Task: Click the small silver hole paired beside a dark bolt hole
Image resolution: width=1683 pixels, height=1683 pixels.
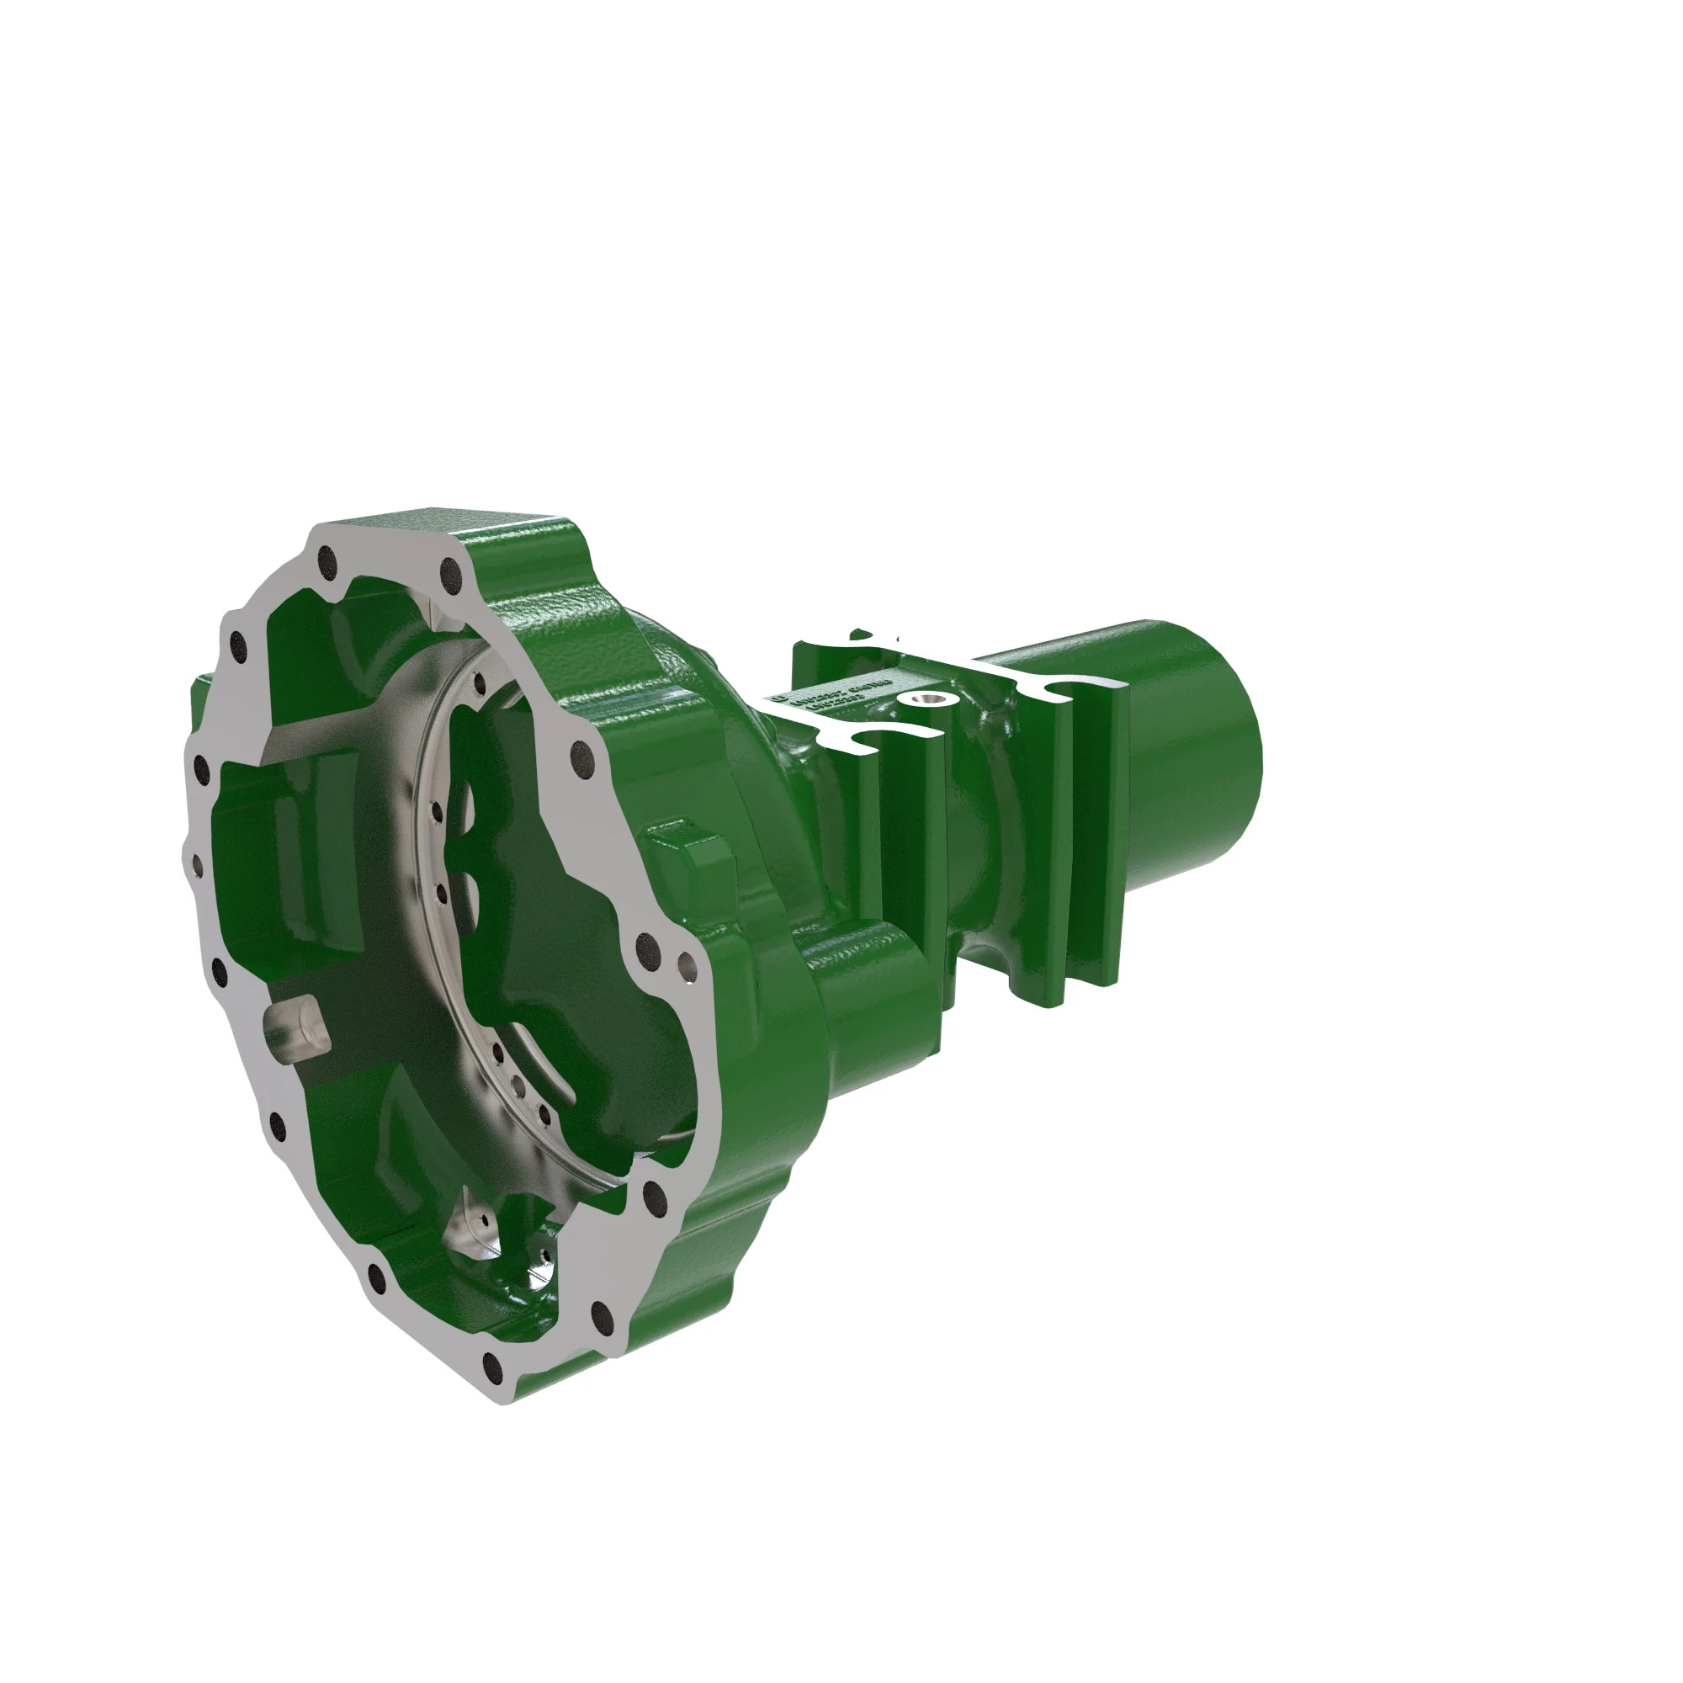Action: click(688, 964)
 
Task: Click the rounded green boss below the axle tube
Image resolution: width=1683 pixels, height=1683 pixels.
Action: click(871, 967)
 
